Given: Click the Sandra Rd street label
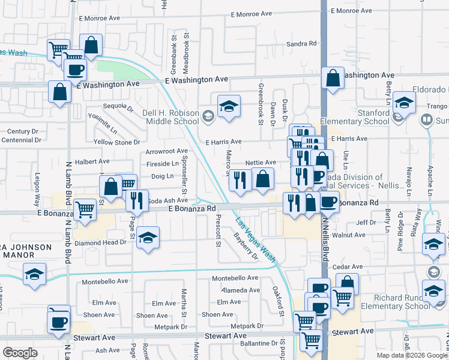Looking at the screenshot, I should click(301, 44).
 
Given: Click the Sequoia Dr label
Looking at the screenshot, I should click(118, 107).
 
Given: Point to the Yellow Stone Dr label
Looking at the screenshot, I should click(116, 142).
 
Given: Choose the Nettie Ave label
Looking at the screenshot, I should click(261, 163).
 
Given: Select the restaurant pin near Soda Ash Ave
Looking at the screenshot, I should click(137, 200).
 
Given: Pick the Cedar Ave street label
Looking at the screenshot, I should click(348, 267).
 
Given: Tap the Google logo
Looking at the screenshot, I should click(20, 353).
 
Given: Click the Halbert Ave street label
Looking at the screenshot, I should click(92, 161).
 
